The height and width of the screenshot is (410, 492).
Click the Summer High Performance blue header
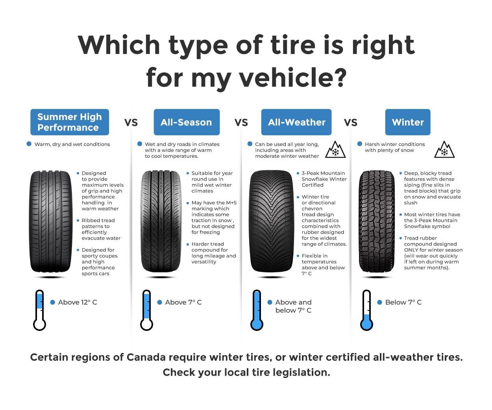pyautogui.click(x=70, y=122)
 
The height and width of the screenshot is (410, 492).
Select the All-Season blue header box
pyautogui.click(x=187, y=122)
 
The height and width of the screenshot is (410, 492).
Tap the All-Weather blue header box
pyautogui.click(x=296, y=122)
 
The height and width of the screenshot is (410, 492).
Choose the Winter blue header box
pyautogui.click(x=408, y=122)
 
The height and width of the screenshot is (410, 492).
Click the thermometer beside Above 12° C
pyautogui.click(x=40, y=310)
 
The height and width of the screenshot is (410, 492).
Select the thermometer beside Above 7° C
pyautogui.click(x=146, y=310)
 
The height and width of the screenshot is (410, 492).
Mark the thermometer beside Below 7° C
pyautogui.click(x=366, y=310)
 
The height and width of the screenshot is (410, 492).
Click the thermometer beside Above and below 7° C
pyautogui.click(x=257, y=310)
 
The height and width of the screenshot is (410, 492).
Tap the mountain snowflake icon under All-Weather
pyautogui.click(x=335, y=150)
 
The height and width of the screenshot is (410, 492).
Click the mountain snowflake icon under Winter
pyautogui.click(x=444, y=150)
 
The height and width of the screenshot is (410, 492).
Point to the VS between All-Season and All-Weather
pyautogui.click(x=241, y=122)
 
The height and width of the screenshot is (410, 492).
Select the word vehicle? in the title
pyautogui.click(x=293, y=77)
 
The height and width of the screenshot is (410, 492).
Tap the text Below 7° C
pyautogui.click(x=403, y=302)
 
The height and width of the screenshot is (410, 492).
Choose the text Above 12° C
pyautogui.click(x=78, y=302)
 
